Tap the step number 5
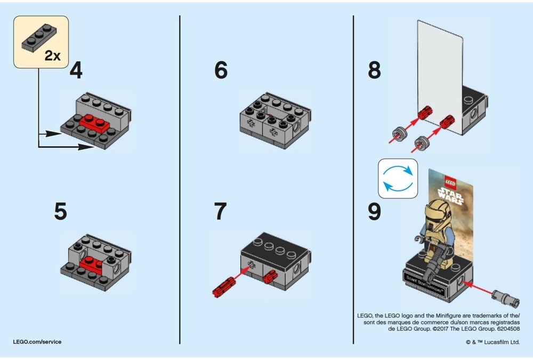[61, 211]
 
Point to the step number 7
[221, 211]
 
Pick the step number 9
[374, 211]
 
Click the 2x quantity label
[52, 56]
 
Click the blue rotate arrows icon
[397, 178]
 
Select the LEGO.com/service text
[37, 342]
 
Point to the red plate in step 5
[92, 263]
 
